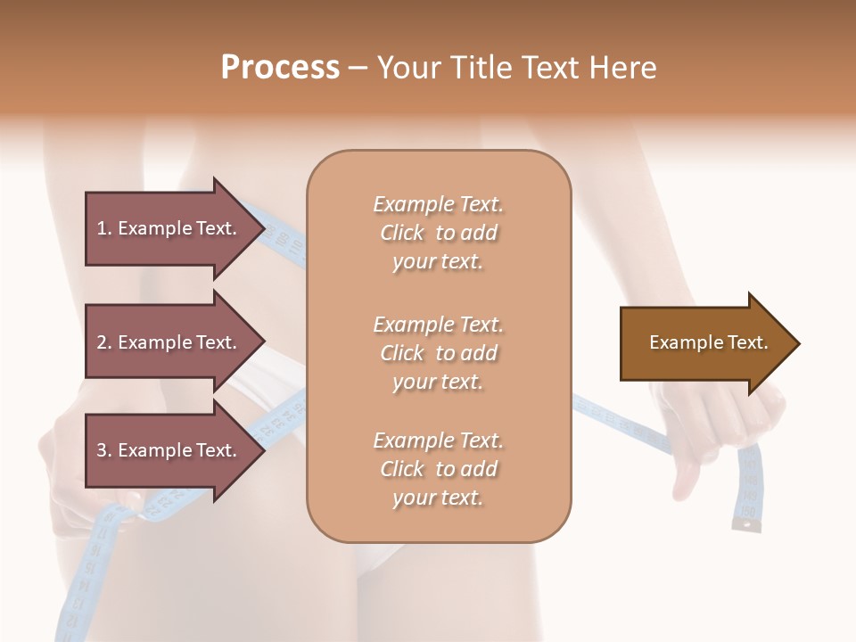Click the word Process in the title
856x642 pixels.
coord(280,68)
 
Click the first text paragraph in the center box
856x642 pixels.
coord(438,233)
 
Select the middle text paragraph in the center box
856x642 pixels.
coord(438,352)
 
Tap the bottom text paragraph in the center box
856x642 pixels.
coord(438,469)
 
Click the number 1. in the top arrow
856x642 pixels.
coord(104,228)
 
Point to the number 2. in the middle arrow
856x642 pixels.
coord(104,342)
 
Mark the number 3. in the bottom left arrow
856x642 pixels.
coord(104,450)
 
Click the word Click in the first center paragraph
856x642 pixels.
coord(403,233)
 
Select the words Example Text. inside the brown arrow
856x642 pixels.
coord(708,342)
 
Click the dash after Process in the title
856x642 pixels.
coord(358,68)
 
